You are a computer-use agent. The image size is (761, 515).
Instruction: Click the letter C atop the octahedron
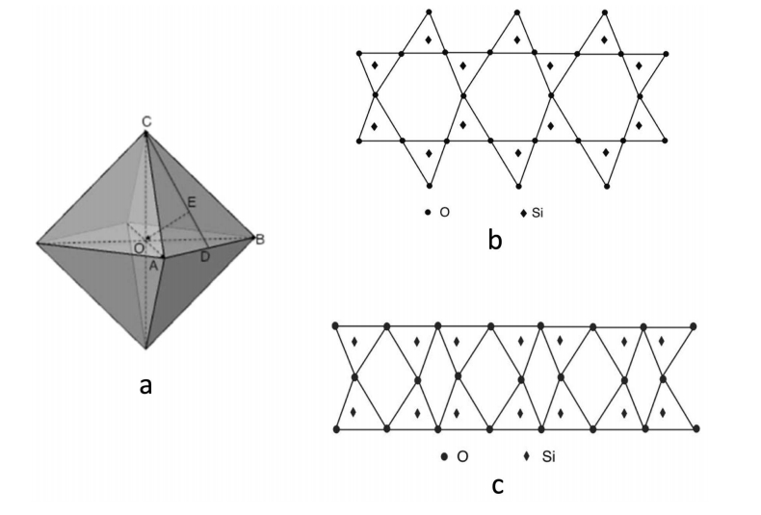(145, 121)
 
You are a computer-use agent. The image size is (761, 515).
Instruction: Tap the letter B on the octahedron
(258, 238)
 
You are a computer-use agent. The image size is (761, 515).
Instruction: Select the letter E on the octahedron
(192, 202)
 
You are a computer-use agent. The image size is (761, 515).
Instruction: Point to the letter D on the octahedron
(204, 256)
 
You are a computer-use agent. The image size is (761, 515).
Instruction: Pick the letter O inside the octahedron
(139, 247)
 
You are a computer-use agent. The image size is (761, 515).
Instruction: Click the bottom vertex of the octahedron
(146, 348)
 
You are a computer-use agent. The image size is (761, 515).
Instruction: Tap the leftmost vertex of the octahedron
(37, 244)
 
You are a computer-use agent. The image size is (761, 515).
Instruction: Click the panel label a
(146, 386)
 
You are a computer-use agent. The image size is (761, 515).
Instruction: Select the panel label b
(494, 240)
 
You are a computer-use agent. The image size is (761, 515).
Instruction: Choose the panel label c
(497, 486)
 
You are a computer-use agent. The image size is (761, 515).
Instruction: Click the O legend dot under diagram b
(427, 211)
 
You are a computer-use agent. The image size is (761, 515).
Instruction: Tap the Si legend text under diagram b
(538, 211)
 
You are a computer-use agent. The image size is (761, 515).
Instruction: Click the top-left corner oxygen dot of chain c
(335, 326)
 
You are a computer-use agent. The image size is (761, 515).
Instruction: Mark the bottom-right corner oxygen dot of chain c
(695, 427)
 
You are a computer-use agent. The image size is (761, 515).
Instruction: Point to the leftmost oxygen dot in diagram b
(358, 54)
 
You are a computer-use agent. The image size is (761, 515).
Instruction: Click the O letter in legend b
(444, 211)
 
